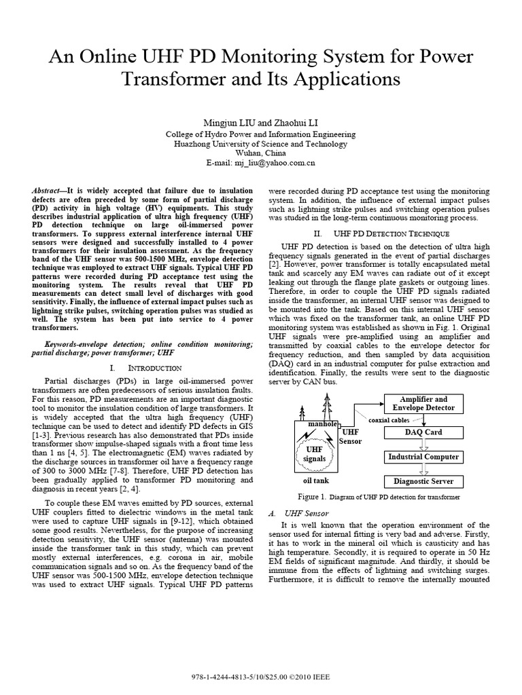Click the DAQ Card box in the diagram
pyautogui.click(x=423, y=432)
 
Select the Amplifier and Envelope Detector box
pyautogui.click(x=423, y=404)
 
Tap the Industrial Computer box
pyautogui.click(x=423, y=457)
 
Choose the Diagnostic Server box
pyautogui.click(x=423, y=482)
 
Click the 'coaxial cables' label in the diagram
pyautogui.click(x=390, y=420)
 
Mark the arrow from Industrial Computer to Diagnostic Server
pyautogui.click(x=423, y=470)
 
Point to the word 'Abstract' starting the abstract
pyautogui.click(x=50, y=193)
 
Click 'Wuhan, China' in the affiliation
pyautogui.click(x=260, y=153)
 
